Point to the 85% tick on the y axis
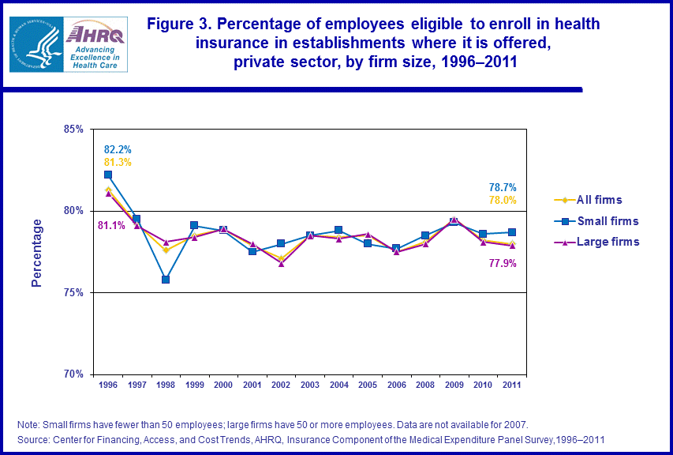pos(73,129)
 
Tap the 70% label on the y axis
pos(73,374)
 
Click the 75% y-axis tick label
pos(73,292)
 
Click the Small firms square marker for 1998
pos(166,279)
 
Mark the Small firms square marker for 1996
pos(108,175)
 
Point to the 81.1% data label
pos(111,225)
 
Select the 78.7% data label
pos(503,187)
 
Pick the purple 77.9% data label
pos(503,263)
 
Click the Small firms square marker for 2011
pos(513,232)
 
